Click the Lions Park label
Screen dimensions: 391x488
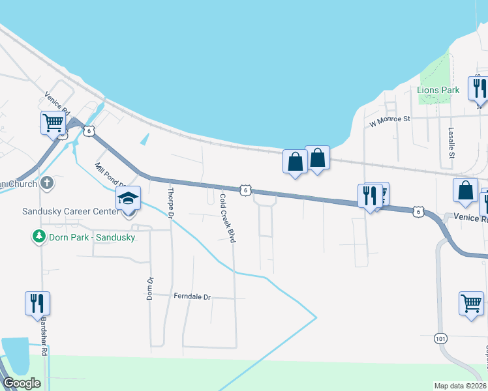pyautogui.click(x=434, y=90)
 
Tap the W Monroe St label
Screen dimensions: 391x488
pyautogui.click(x=389, y=120)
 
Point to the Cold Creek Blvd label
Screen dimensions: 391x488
pyautogui.click(x=227, y=218)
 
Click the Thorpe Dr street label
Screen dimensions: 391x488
pyautogui.click(x=171, y=203)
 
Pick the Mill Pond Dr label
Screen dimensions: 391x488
pyautogui.click(x=108, y=177)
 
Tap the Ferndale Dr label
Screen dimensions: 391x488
pyautogui.click(x=192, y=297)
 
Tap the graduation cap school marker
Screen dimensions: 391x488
pyautogui.click(x=129, y=198)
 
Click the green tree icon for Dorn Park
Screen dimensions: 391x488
pyautogui.click(x=40, y=236)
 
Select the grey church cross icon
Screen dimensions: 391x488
pyautogui.click(x=46, y=182)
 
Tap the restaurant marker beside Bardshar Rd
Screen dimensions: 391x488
pyautogui.click(x=38, y=303)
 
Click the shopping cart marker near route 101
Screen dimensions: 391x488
pyautogui.click(x=471, y=303)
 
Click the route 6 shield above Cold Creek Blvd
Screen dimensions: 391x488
pyautogui.click(x=245, y=190)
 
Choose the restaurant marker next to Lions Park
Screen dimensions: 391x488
pyautogui.click(x=478, y=88)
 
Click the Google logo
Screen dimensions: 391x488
pyautogui.click(x=22, y=383)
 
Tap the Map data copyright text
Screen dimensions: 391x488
pyautogui.click(x=461, y=386)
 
